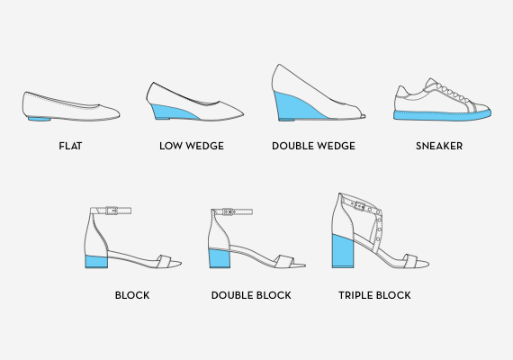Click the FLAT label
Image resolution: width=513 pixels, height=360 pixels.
click(x=70, y=146)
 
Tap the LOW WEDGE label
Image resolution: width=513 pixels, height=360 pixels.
click(x=192, y=146)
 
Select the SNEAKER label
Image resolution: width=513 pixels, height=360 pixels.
click(x=439, y=146)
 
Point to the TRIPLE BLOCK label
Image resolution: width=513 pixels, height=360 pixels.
click(x=374, y=295)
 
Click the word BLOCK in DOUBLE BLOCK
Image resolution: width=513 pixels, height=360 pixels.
click(x=274, y=295)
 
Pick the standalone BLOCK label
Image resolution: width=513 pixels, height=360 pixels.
click(x=132, y=295)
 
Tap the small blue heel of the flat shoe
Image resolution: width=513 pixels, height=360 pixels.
click(x=39, y=119)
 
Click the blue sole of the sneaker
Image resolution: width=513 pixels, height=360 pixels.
click(x=442, y=115)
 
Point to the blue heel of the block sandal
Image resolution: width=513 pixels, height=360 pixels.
click(x=96, y=262)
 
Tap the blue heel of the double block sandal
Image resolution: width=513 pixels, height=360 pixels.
click(x=220, y=258)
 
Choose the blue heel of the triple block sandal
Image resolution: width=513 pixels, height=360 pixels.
click(x=343, y=251)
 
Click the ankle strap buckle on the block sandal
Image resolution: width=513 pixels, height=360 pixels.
click(x=112, y=211)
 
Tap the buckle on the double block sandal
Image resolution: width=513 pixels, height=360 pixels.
click(x=228, y=211)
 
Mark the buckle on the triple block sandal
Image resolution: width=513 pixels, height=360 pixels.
click(x=360, y=206)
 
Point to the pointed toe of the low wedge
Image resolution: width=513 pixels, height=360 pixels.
click(x=241, y=114)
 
